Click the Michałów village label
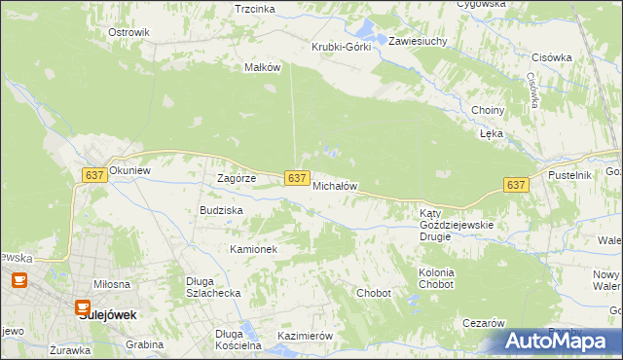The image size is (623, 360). [x=336, y=186]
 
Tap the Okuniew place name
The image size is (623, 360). [x=131, y=169]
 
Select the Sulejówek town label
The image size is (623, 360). [x=107, y=315]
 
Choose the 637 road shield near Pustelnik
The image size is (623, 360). [x=516, y=185]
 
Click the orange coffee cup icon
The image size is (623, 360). [x=18, y=281]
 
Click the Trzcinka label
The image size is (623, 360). [x=255, y=9]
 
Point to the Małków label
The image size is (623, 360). [x=263, y=67]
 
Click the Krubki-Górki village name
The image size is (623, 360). [x=341, y=48]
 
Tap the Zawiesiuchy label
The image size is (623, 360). [x=418, y=42]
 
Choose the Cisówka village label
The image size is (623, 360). [x=552, y=57]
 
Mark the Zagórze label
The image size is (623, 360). [x=236, y=179]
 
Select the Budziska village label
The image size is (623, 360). [x=220, y=209]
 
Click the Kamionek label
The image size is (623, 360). [x=253, y=249]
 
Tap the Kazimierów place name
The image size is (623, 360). [x=306, y=336]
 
